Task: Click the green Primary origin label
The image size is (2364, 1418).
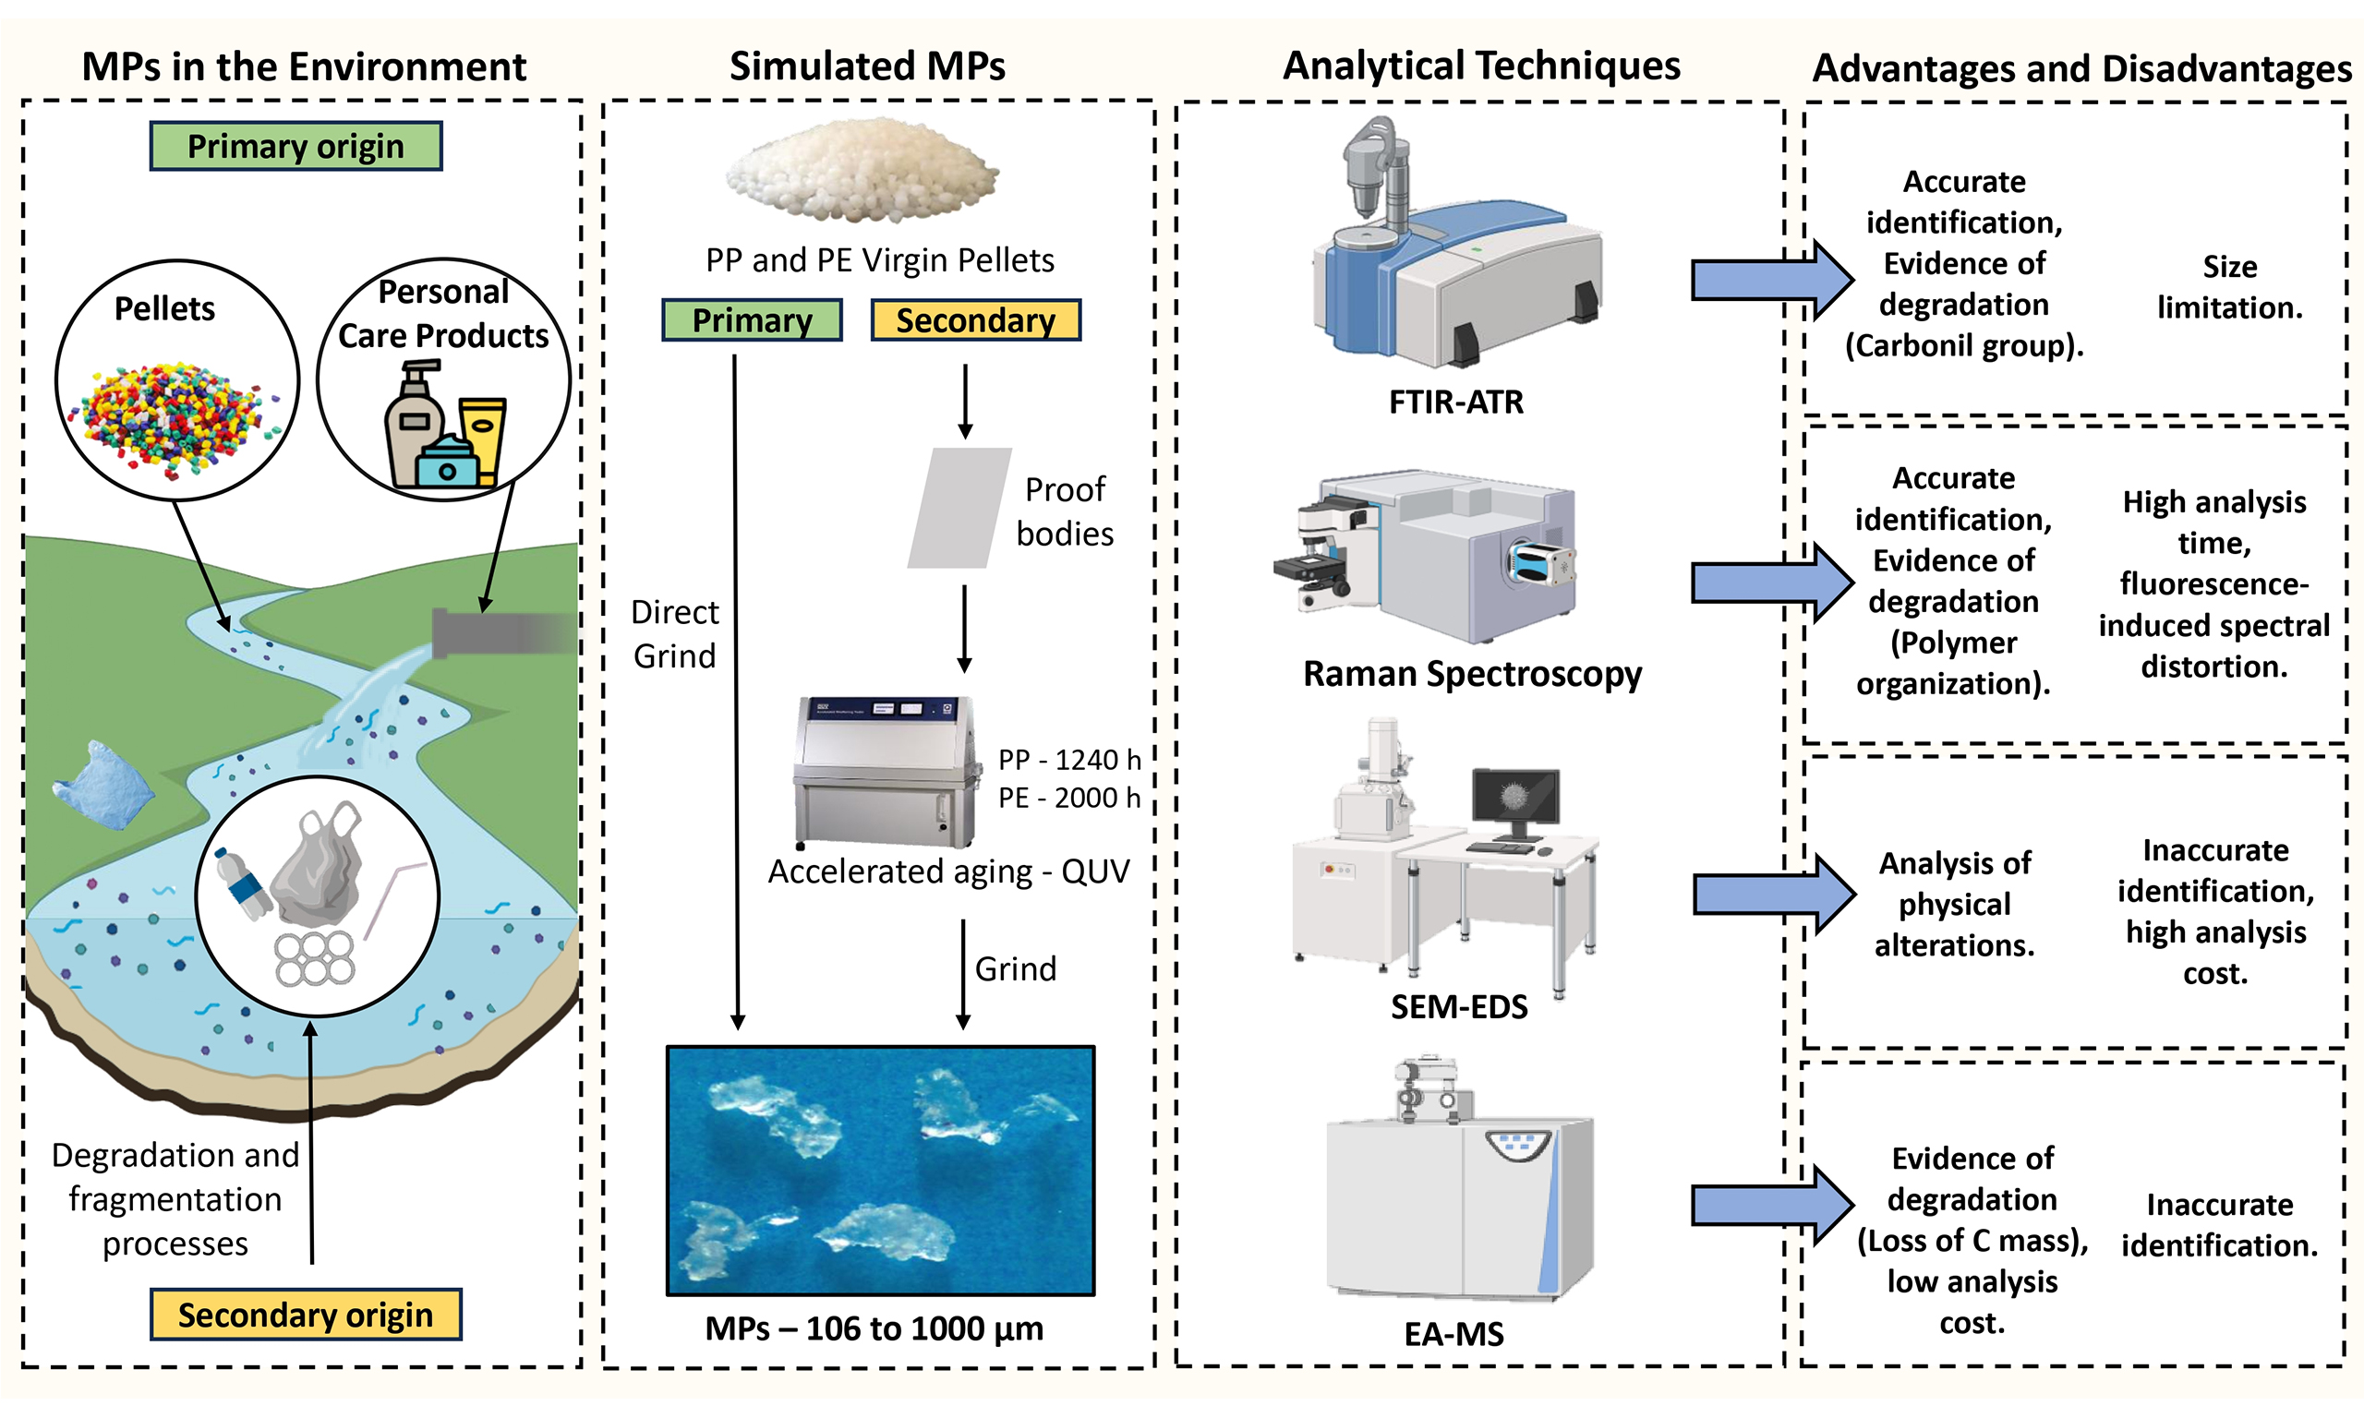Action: [295, 146]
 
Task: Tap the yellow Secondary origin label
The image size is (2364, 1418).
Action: [305, 1315]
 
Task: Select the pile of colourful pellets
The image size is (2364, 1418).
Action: [174, 416]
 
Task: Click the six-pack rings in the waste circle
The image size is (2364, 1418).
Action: [314, 958]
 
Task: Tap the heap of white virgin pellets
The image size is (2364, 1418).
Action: [862, 170]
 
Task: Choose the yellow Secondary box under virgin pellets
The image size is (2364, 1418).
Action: [974, 320]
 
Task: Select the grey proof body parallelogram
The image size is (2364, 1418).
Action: [959, 508]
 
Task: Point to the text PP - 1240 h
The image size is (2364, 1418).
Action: [1069, 760]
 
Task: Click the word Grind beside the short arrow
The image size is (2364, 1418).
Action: [1015, 969]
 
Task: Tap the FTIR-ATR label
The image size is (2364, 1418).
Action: [1455, 403]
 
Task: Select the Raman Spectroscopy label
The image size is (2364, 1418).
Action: [1472, 674]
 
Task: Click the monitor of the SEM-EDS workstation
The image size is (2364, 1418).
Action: [1515, 796]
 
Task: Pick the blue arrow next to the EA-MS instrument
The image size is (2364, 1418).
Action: [1770, 1204]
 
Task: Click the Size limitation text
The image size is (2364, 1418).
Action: [2229, 287]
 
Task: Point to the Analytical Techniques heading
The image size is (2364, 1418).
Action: [1480, 66]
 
